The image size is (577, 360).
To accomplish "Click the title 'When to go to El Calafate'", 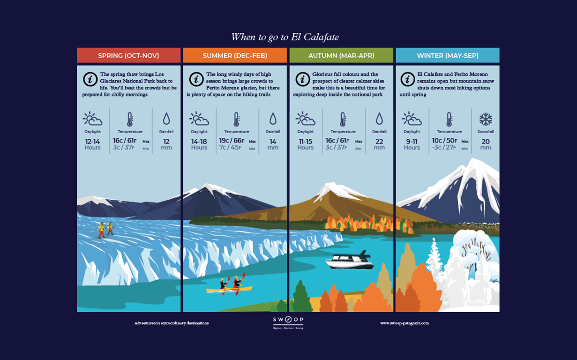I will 285,37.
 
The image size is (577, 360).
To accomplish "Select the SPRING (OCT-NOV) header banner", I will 128,55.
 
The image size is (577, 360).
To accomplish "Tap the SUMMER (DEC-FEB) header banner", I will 235,55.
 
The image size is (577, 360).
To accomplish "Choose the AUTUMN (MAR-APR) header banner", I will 341,55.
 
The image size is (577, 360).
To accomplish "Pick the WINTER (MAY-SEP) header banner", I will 448,55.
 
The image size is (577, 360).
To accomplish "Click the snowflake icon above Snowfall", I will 485,119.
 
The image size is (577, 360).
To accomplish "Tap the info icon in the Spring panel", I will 90,79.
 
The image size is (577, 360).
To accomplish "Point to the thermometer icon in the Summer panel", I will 236,119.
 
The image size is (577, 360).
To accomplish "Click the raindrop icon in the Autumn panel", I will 379,119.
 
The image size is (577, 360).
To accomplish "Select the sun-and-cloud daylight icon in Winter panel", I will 412,119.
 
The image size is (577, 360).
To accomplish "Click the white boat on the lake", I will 350,261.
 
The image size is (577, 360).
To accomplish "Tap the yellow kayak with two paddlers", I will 229,288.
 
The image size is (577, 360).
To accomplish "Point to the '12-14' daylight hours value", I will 92,141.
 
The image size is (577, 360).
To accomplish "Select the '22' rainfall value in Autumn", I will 379,141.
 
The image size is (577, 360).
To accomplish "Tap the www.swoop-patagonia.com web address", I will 405,323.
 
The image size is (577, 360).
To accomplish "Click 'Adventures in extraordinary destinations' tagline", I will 172,323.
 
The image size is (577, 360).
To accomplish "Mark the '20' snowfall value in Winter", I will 486,141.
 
